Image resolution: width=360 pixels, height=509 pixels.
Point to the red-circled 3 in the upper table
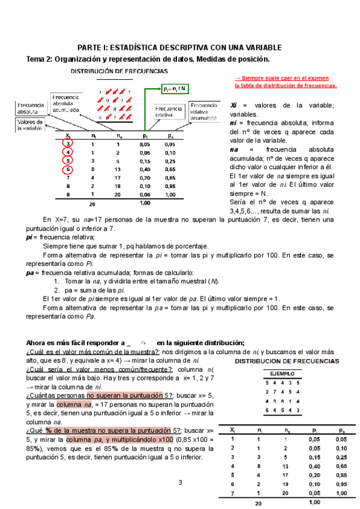pos(69,144)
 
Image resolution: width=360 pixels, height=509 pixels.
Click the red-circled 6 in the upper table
pos(69,170)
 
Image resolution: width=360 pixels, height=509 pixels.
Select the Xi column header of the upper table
pos(69,136)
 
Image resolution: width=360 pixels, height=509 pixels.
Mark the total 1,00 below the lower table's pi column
pos(313,502)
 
